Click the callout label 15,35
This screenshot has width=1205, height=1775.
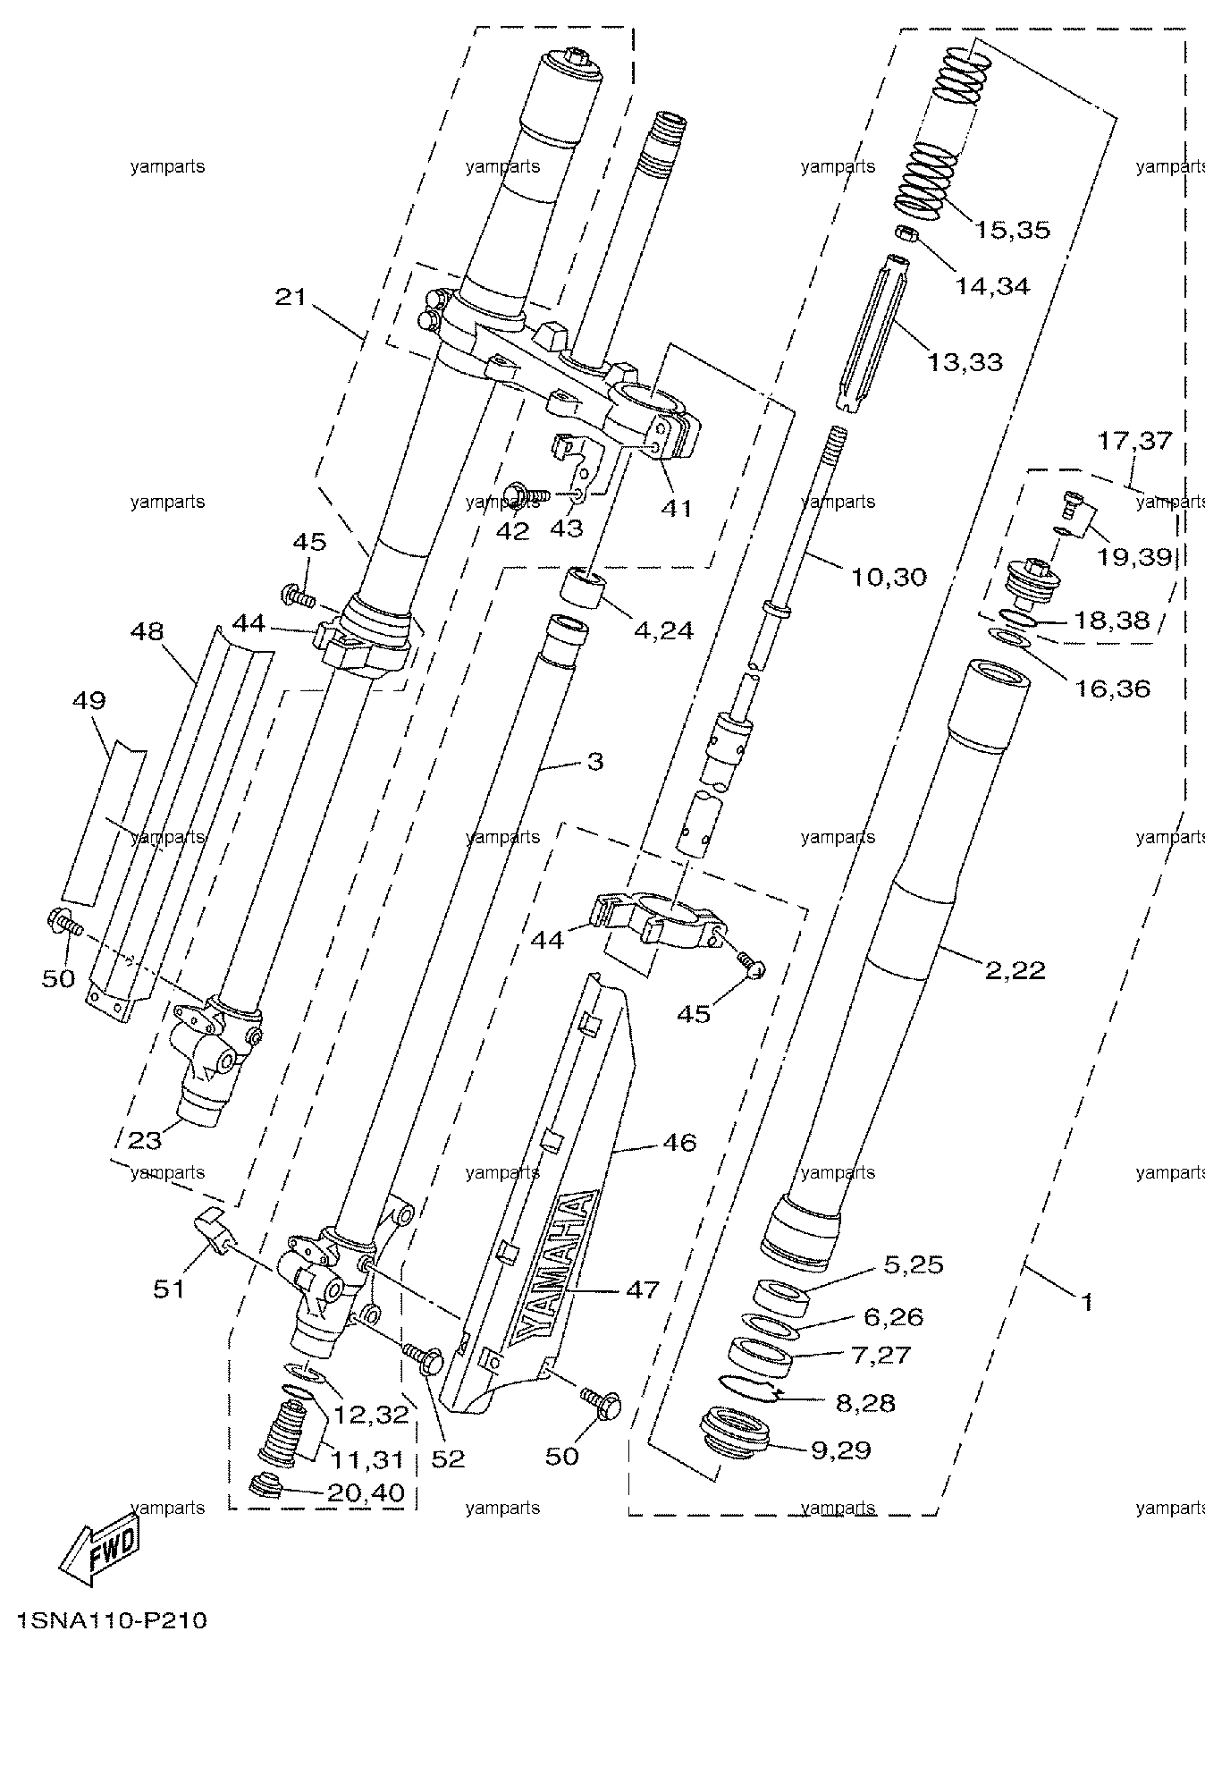coord(1012,230)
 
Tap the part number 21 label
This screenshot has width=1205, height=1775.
coord(290,297)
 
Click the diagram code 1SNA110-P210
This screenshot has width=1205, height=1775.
coord(111,1620)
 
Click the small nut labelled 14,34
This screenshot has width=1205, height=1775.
coord(906,235)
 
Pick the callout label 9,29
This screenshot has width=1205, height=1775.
coord(841,1450)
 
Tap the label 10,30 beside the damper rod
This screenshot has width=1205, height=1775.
coord(888,577)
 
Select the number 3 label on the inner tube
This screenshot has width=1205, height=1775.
coord(595,762)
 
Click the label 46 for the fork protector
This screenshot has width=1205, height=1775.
coord(680,1142)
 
